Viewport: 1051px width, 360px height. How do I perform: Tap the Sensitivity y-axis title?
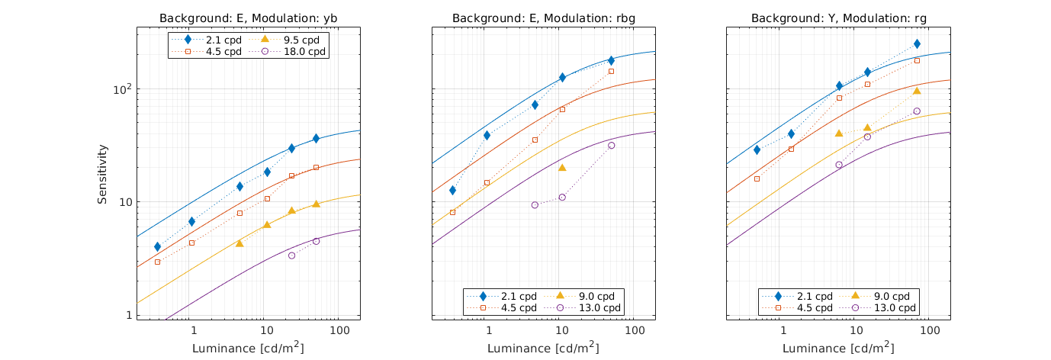[x=102, y=174]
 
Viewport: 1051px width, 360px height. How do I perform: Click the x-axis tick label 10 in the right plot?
[x=856, y=333]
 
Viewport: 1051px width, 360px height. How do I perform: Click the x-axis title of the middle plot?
[x=543, y=348]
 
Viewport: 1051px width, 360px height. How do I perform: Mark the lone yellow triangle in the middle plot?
[x=562, y=168]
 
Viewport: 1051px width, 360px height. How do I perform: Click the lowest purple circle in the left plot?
[x=291, y=256]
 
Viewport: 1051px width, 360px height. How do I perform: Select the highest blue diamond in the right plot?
[x=917, y=44]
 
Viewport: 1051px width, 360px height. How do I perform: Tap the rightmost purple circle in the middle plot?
[x=611, y=145]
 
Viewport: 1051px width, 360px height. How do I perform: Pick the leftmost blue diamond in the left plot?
[x=157, y=246]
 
